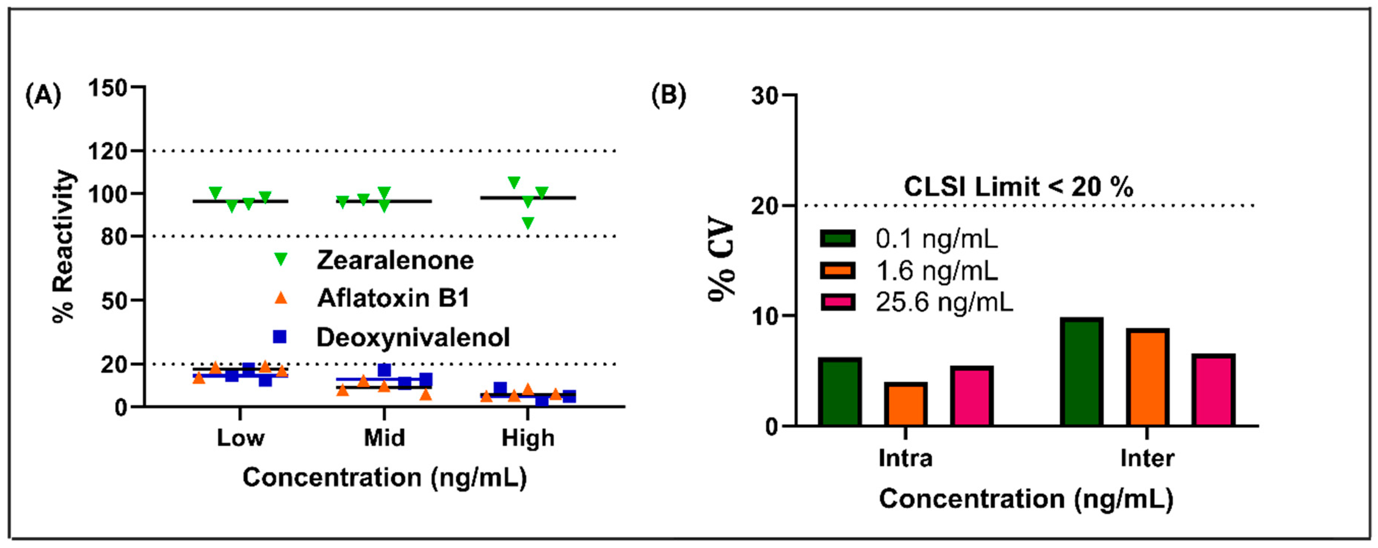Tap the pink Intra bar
(x=971, y=396)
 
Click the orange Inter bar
(x=1147, y=378)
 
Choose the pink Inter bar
(x=1213, y=390)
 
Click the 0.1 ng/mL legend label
(x=936, y=238)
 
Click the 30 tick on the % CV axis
(x=766, y=95)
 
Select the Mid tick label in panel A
(x=384, y=438)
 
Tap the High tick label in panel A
(x=528, y=438)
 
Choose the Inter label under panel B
(x=1147, y=458)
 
